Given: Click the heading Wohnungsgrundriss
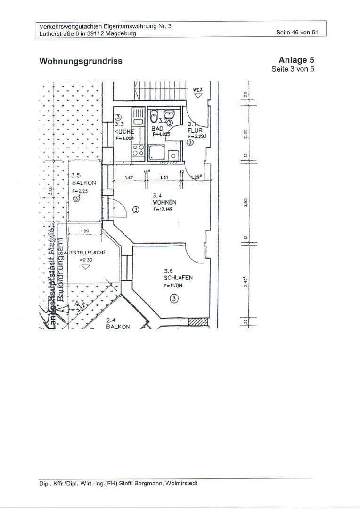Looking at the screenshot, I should pos(81,61).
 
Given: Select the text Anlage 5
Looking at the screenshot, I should pos(296,60).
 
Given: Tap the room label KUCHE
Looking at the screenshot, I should pos(124,132).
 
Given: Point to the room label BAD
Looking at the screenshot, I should pos(157,128).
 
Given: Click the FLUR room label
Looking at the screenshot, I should pos(195,131).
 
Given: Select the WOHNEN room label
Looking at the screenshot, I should pos(164,202).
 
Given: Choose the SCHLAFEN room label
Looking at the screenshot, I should pos(178,278).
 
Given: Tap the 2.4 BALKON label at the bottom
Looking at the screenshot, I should pos(117,326).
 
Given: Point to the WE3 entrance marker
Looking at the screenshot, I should pos(198,89).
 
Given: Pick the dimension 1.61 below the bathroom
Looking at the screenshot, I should pos(164,178).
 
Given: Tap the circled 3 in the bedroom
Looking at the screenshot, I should pos(174,299).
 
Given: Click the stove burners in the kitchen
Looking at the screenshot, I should pos(138,150).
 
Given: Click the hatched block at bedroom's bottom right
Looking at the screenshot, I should pos(197,321).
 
